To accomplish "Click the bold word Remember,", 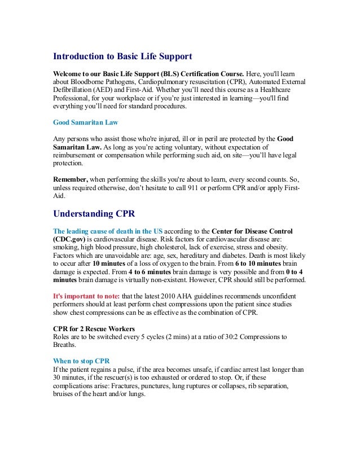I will (x=71, y=178).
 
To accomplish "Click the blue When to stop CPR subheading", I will (x=81, y=362).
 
